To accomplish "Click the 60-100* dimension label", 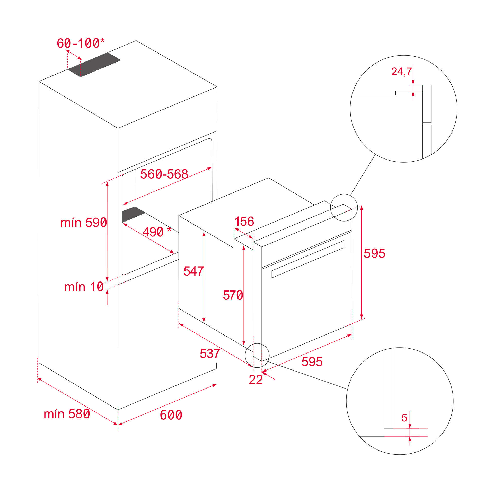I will (81, 43).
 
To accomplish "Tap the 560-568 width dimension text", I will (164, 174).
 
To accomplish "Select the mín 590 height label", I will (83, 223).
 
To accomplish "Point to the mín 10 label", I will (84, 287).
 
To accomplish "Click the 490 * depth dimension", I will (156, 232).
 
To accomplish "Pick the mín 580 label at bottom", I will (67, 414).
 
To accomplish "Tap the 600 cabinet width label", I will (171, 415).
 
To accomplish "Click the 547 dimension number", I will (193, 271).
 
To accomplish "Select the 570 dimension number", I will (233, 295).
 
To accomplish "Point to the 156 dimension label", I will (244, 222).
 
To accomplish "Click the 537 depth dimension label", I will (210, 354).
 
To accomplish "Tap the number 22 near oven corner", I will (255, 380).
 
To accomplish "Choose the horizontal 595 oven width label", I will (312, 362).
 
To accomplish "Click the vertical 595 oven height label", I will (374, 253).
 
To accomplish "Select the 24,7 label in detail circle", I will (401, 72).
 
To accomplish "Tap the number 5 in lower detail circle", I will (404, 418).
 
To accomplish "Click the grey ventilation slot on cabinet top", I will (94, 65).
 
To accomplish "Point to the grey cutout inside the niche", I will (133, 214).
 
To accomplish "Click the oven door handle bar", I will (308, 259).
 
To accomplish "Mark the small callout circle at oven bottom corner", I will (257, 355).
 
